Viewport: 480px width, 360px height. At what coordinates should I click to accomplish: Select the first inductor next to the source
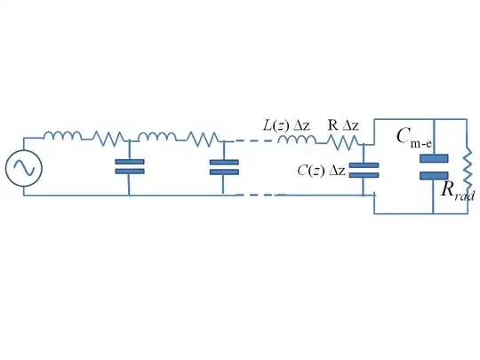[62, 137]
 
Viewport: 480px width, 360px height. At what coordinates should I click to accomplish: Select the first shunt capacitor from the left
[130, 166]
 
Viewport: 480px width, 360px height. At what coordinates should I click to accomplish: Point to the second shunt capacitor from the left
[222, 166]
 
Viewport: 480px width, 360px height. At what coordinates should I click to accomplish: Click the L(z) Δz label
[285, 124]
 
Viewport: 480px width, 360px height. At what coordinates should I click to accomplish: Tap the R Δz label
[344, 124]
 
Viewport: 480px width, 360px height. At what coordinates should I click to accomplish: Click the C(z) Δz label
[321, 170]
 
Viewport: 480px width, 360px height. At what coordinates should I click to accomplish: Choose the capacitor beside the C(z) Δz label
[364, 170]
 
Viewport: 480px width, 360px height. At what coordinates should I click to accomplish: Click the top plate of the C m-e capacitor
[434, 158]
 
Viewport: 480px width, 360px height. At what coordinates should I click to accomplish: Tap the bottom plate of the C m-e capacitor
[434, 174]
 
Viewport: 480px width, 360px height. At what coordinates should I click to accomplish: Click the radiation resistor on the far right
[468, 167]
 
